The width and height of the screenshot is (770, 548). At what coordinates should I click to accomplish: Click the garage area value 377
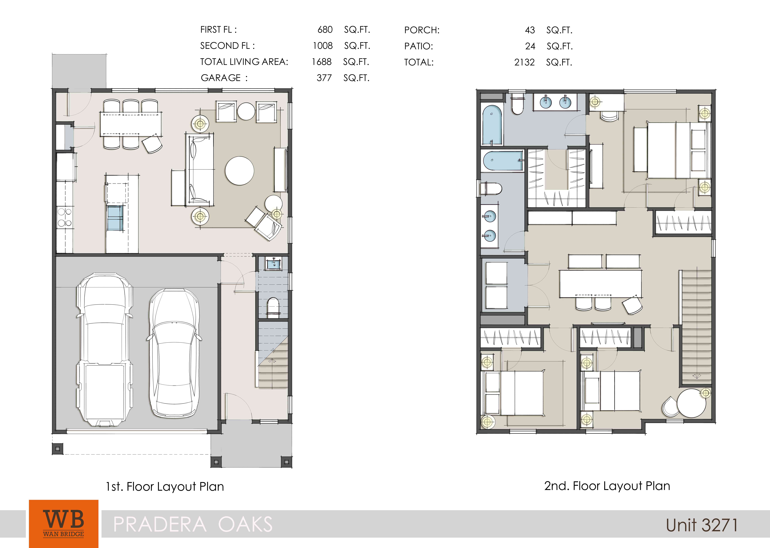(x=324, y=78)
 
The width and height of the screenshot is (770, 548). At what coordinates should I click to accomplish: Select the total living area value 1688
(x=322, y=62)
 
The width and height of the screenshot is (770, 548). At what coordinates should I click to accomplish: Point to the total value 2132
(x=524, y=62)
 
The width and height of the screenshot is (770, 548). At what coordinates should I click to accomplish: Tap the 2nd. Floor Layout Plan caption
(x=607, y=486)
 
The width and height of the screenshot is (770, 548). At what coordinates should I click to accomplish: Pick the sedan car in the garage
(x=174, y=353)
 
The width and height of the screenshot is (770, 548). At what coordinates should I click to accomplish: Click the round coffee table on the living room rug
(x=240, y=171)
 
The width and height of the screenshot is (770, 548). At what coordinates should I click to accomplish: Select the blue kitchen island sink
(x=115, y=218)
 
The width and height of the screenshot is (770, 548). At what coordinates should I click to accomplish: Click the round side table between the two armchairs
(x=246, y=111)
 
